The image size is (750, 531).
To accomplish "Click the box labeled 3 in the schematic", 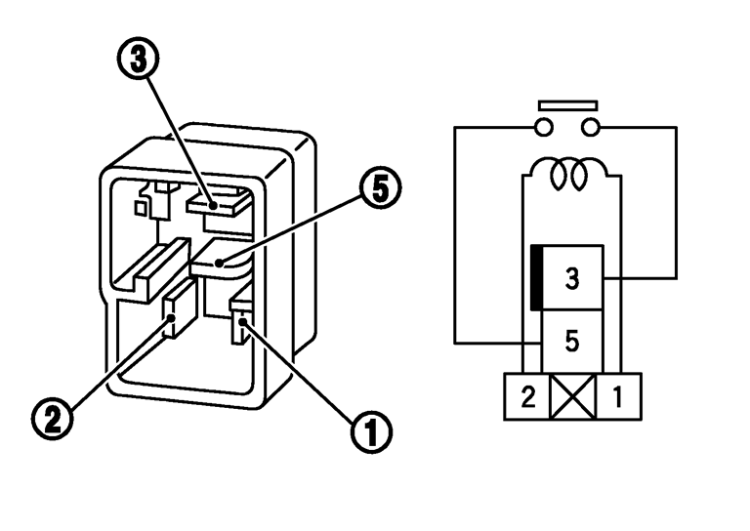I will click(x=572, y=277).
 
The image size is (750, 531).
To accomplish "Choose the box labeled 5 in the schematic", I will click(x=572, y=341).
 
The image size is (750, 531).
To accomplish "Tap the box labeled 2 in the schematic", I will click(x=525, y=396).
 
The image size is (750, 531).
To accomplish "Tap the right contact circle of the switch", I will click(x=590, y=127).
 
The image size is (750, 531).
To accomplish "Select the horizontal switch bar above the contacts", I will click(x=567, y=104).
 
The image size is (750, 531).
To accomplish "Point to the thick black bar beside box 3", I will click(x=536, y=278).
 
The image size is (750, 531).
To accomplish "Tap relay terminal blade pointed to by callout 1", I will click(x=240, y=323).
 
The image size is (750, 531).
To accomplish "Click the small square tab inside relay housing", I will click(x=141, y=207).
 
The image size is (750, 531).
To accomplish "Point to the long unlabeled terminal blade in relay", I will click(x=152, y=265).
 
